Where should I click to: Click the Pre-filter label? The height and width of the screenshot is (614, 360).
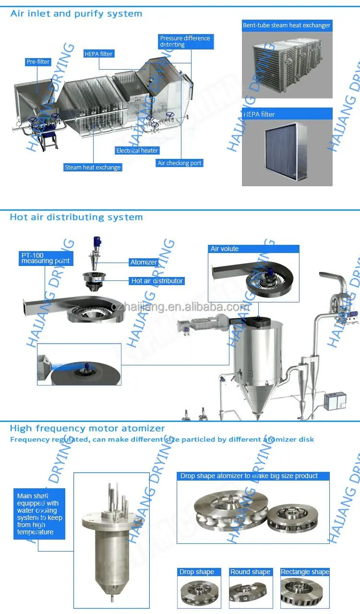point(38,62)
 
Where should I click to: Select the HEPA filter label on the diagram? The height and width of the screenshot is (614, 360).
point(98,54)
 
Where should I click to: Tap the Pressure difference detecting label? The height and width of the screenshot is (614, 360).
point(185,41)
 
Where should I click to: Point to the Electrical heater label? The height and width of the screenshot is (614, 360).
point(137,151)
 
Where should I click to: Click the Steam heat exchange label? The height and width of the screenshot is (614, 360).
point(93,168)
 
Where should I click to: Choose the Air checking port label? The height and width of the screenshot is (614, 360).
point(180,163)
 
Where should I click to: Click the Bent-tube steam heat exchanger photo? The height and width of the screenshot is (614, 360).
point(287,65)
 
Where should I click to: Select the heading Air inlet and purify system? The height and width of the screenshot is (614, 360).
point(76,13)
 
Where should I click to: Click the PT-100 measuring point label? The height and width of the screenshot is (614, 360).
point(46,258)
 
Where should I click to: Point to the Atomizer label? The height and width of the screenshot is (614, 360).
point(144,262)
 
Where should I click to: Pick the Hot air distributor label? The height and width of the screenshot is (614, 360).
point(157,281)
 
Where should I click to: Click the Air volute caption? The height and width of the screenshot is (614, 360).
point(225,249)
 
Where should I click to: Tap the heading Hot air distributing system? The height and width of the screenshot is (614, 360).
point(76,217)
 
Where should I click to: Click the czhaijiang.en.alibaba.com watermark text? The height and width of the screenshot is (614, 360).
point(180,307)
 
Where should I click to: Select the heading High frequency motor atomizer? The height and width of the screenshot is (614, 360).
point(87,428)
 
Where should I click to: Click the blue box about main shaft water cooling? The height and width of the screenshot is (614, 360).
point(39,513)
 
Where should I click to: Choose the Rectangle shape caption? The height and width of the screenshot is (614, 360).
point(305,572)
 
